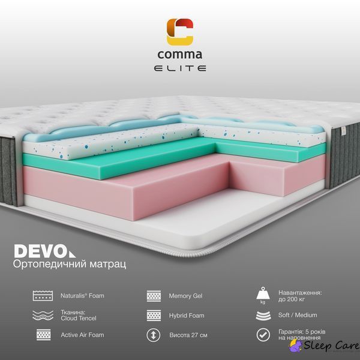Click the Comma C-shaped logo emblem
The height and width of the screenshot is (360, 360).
coord(180,32)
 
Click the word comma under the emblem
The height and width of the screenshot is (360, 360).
coord(180,55)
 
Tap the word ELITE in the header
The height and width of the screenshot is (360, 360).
coord(180,68)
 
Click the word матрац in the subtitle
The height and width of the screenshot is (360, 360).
coord(107,264)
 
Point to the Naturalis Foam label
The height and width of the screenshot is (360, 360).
coord(82,295)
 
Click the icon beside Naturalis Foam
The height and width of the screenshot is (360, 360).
coord(43,296)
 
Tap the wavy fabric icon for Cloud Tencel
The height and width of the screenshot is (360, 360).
coord(43,315)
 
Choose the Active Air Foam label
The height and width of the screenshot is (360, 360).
coord(82,335)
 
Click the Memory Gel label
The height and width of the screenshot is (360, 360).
coord(185,296)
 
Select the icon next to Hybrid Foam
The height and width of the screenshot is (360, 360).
coord(154,315)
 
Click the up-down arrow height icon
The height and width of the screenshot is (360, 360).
coord(154,335)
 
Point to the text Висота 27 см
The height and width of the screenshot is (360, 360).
coord(188,335)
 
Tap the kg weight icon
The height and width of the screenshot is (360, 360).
coord(263,295)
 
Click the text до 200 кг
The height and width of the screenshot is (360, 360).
coord(292,299)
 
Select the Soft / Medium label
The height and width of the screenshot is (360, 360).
coord(298,315)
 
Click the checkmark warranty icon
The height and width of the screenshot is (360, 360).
coord(263,335)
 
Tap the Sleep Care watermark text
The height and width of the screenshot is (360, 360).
coord(331,346)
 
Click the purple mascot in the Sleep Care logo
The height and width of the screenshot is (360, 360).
coord(295,346)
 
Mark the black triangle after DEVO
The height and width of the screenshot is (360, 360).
coord(72,254)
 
